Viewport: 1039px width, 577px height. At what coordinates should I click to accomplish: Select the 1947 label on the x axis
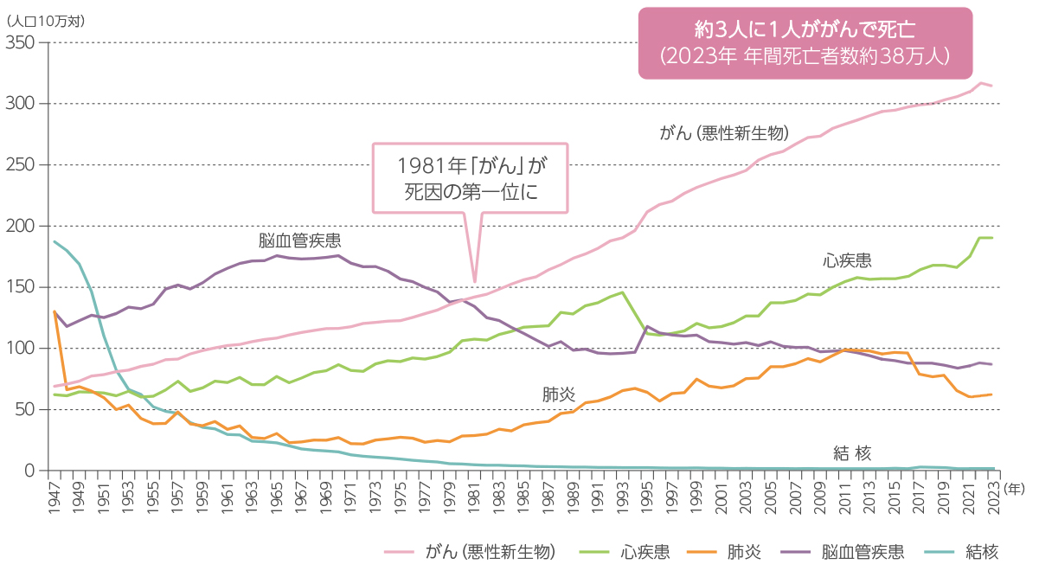click(x=55, y=498)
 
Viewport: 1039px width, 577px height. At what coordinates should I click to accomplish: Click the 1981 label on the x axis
click(x=474, y=498)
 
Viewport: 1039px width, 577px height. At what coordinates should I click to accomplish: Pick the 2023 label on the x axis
click(x=993, y=498)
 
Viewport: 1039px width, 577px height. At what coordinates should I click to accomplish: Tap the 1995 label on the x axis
click(x=647, y=498)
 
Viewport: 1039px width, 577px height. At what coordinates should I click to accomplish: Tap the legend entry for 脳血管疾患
click(x=861, y=552)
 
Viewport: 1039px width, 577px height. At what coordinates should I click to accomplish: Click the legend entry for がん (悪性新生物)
click(x=490, y=552)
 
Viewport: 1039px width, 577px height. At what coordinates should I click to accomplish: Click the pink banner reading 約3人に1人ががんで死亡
click(x=805, y=42)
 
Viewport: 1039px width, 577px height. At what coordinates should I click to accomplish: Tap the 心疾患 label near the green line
click(x=847, y=260)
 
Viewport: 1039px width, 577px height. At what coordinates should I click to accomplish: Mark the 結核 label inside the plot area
click(x=851, y=452)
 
